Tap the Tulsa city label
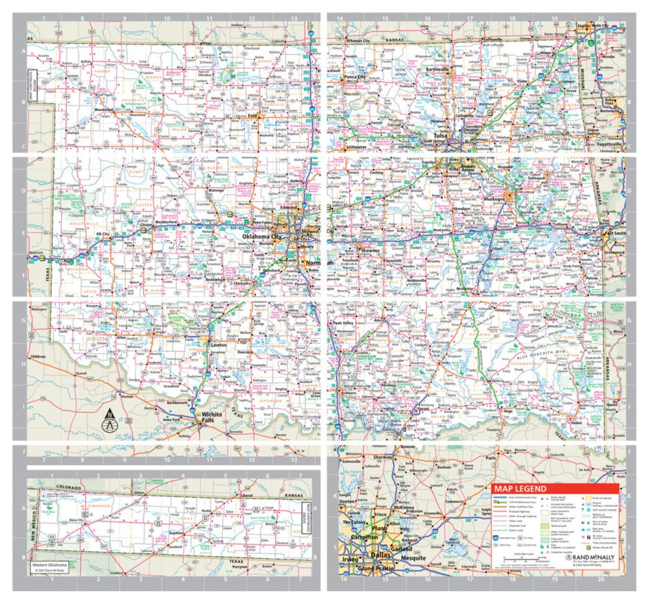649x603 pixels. coord(442,136)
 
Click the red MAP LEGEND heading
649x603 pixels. coord(520,488)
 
